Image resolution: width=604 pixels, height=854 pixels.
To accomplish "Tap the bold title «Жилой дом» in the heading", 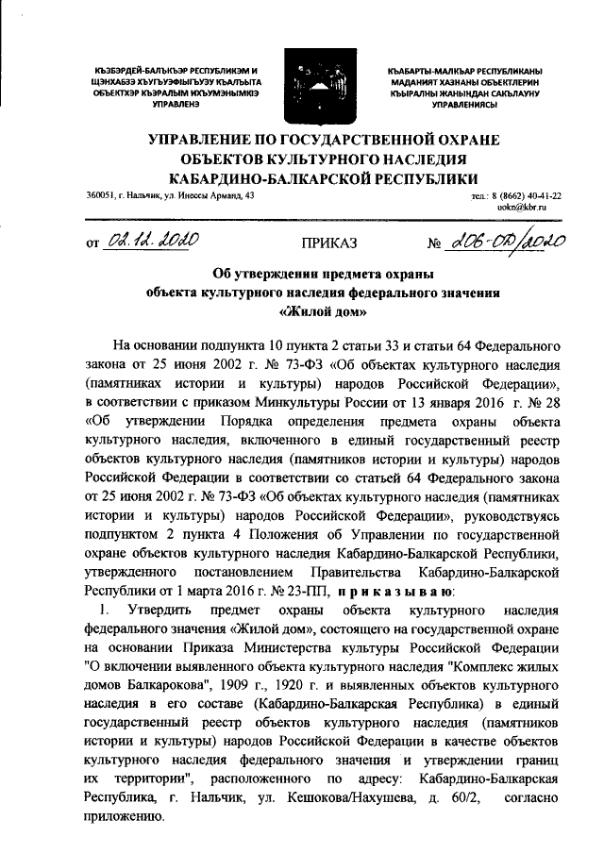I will (x=328, y=312).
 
